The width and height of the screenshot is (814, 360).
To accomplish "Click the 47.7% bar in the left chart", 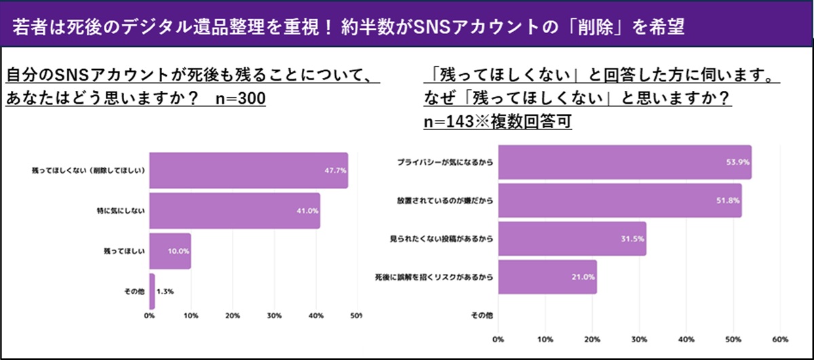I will point(248,169).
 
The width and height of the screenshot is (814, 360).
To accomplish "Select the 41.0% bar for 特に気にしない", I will point(235,210).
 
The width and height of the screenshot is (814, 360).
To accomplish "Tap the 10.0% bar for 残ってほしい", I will point(170,250).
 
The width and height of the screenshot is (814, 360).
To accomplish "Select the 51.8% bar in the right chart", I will point(620,201).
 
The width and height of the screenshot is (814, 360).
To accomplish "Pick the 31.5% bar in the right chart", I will point(573,239).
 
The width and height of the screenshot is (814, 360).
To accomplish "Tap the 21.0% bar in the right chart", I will point(548,277).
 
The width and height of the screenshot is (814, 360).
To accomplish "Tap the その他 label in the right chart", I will point(481,315).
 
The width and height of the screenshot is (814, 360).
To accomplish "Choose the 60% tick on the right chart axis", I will point(779,338).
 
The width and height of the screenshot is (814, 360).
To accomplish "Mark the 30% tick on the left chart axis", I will point(274,316).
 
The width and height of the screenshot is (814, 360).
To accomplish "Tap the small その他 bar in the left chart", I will point(153,291).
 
